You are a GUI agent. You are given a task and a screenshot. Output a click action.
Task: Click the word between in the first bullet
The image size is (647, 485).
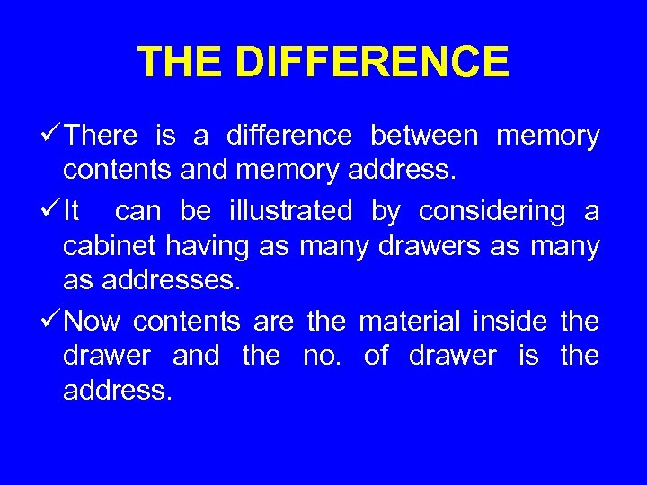(x=424, y=137)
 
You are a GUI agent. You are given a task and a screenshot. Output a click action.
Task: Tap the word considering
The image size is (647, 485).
(x=492, y=212)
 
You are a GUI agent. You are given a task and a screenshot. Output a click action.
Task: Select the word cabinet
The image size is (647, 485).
(x=106, y=247)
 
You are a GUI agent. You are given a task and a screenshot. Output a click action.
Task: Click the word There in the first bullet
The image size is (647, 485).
(x=102, y=137)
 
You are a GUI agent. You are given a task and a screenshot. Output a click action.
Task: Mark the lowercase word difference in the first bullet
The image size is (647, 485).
(x=289, y=137)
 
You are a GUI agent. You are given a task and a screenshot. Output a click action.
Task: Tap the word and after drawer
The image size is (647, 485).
(x=196, y=356)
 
